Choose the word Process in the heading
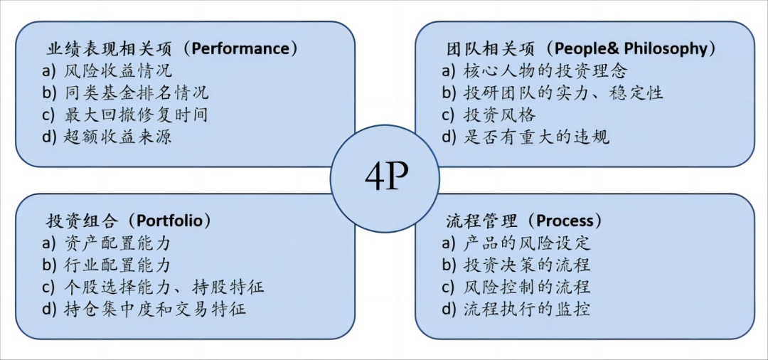pyautogui.click(x=565, y=221)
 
